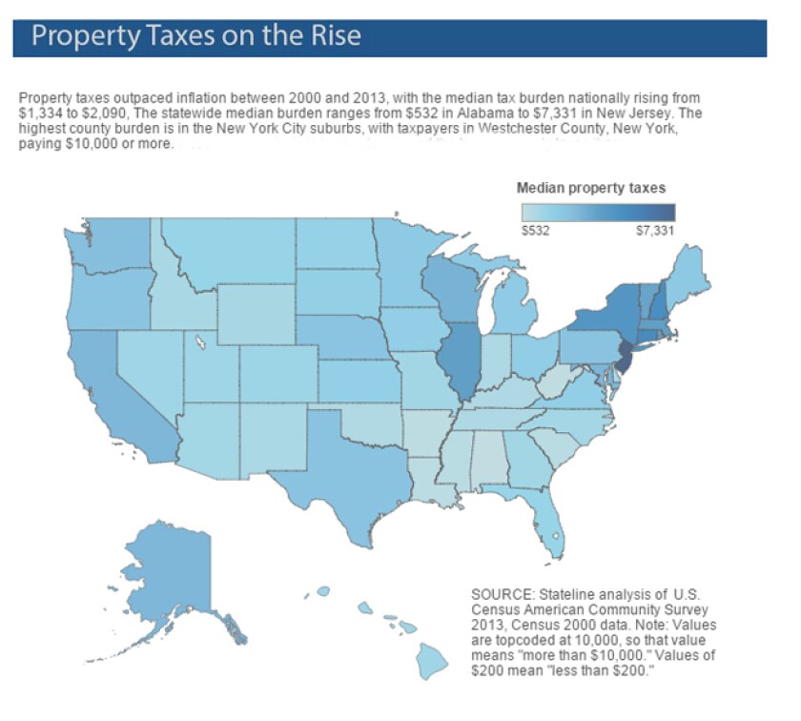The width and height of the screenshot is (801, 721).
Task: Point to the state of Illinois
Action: pyautogui.click(x=460, y=362)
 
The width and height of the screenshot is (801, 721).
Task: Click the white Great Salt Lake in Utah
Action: pyautogui.click(x=200, y=340)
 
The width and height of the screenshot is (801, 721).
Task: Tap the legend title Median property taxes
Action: pyautogui.click(x=591, y=188)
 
